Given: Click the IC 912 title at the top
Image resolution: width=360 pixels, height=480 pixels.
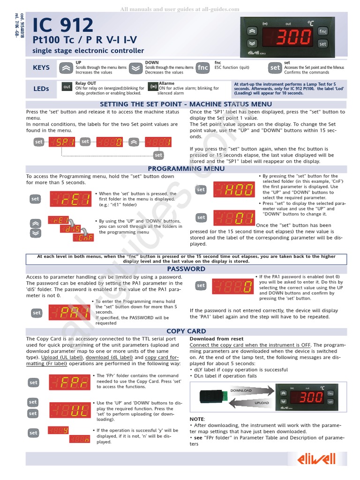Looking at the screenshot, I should point(63,25).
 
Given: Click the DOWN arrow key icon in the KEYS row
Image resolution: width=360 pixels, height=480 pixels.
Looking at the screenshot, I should point(135,68).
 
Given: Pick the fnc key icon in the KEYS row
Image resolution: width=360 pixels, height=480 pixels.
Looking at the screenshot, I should point(202,68).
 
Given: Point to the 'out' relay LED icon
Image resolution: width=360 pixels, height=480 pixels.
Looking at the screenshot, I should point(67,87).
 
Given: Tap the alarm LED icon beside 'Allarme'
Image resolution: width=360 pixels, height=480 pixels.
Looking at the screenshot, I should point(153,87).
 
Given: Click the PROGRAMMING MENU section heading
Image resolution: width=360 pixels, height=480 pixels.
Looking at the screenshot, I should point(186,169).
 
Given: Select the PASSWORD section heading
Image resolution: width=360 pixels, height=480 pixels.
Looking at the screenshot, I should point(186,269).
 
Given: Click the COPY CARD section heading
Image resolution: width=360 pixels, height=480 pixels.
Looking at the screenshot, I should point(186,331).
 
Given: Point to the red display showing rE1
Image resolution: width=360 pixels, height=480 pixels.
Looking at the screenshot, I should point(70,199).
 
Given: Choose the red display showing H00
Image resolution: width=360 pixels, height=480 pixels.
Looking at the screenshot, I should point(234,189).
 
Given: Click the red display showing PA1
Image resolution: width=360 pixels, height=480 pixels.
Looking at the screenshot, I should point(69,312).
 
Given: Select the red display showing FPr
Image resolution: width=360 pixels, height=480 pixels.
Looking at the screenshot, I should point(69,382).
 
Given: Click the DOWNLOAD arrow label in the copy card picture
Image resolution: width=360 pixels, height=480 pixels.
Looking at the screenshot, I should point(240,390).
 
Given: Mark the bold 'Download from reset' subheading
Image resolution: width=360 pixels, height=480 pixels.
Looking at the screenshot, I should point(216,339).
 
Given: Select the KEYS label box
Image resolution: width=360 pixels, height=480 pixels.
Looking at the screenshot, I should point(41,68).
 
